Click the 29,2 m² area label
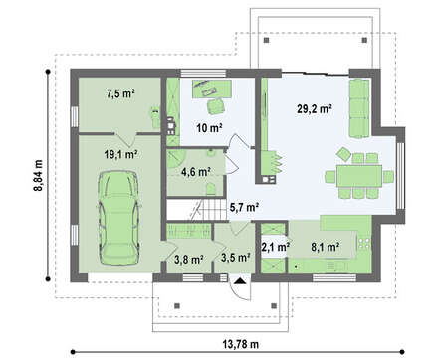point(315,109)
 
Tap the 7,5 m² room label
point(120,94)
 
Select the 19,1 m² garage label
point(121,154)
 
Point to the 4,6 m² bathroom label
point(196,172)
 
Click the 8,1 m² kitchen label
point(325,247)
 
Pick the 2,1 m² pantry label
point(276,247)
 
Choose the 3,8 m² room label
point(189,260)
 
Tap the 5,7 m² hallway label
point(244,208)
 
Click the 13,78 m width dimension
point(240,344)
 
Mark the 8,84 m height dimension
point(38,175)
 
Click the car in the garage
point(118,218)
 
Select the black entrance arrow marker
point(240,281)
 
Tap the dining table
point(359,176)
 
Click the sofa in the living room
point(359,108)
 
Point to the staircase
point(197,210)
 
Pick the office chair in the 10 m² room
point(216,106)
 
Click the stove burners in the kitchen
point(364,244)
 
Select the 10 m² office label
point(209,128)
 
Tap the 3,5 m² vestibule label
point(235,258)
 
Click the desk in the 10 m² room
point(212,89)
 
